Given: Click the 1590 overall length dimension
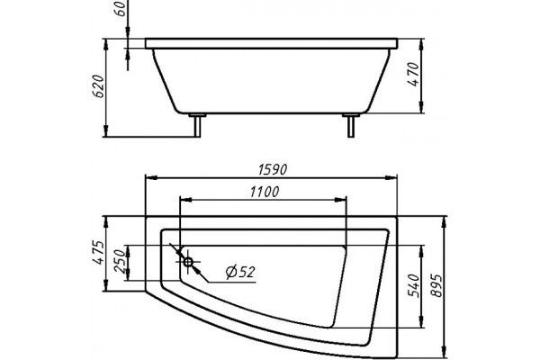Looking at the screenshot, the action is (273, 169).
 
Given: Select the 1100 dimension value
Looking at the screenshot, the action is (264, 192).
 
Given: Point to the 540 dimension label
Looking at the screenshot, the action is (413, 285).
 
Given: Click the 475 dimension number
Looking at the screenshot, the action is (98, 253).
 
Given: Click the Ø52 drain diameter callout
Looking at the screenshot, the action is (240, 273).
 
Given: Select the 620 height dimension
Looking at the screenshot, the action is (98, 86).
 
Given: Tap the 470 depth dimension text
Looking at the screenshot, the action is (413, 75).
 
